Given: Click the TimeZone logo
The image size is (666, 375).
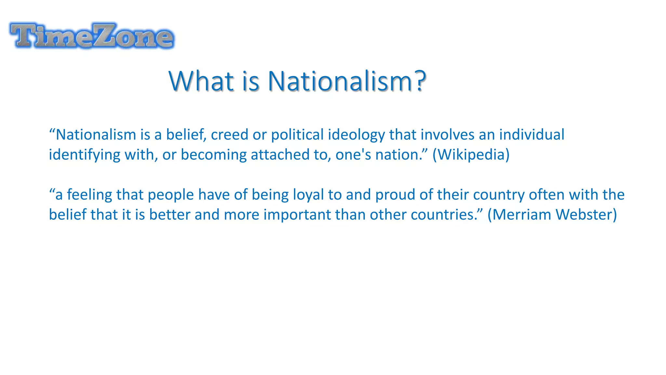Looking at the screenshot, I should point(92,36).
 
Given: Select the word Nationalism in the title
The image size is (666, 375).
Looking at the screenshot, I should point(340,81).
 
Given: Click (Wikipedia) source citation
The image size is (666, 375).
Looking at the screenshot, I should point(471,155).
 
